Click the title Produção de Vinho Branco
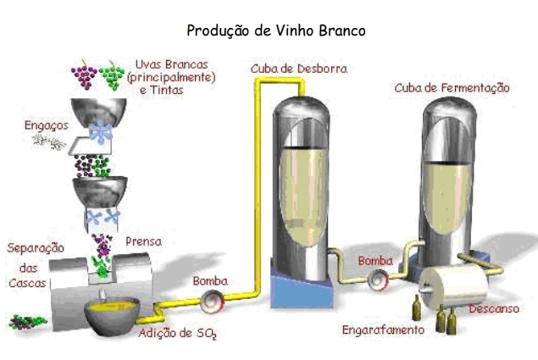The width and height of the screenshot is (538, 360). pos(275,30)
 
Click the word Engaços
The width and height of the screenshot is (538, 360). pos(47,125)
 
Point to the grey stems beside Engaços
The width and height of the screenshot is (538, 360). pos(49,141)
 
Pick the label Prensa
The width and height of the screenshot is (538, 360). pos(143,241)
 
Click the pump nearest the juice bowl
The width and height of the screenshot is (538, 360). pos(212,299)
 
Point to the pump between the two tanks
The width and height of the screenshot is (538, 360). pos(375,278)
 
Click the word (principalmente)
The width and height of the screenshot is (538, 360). pos(175,77)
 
